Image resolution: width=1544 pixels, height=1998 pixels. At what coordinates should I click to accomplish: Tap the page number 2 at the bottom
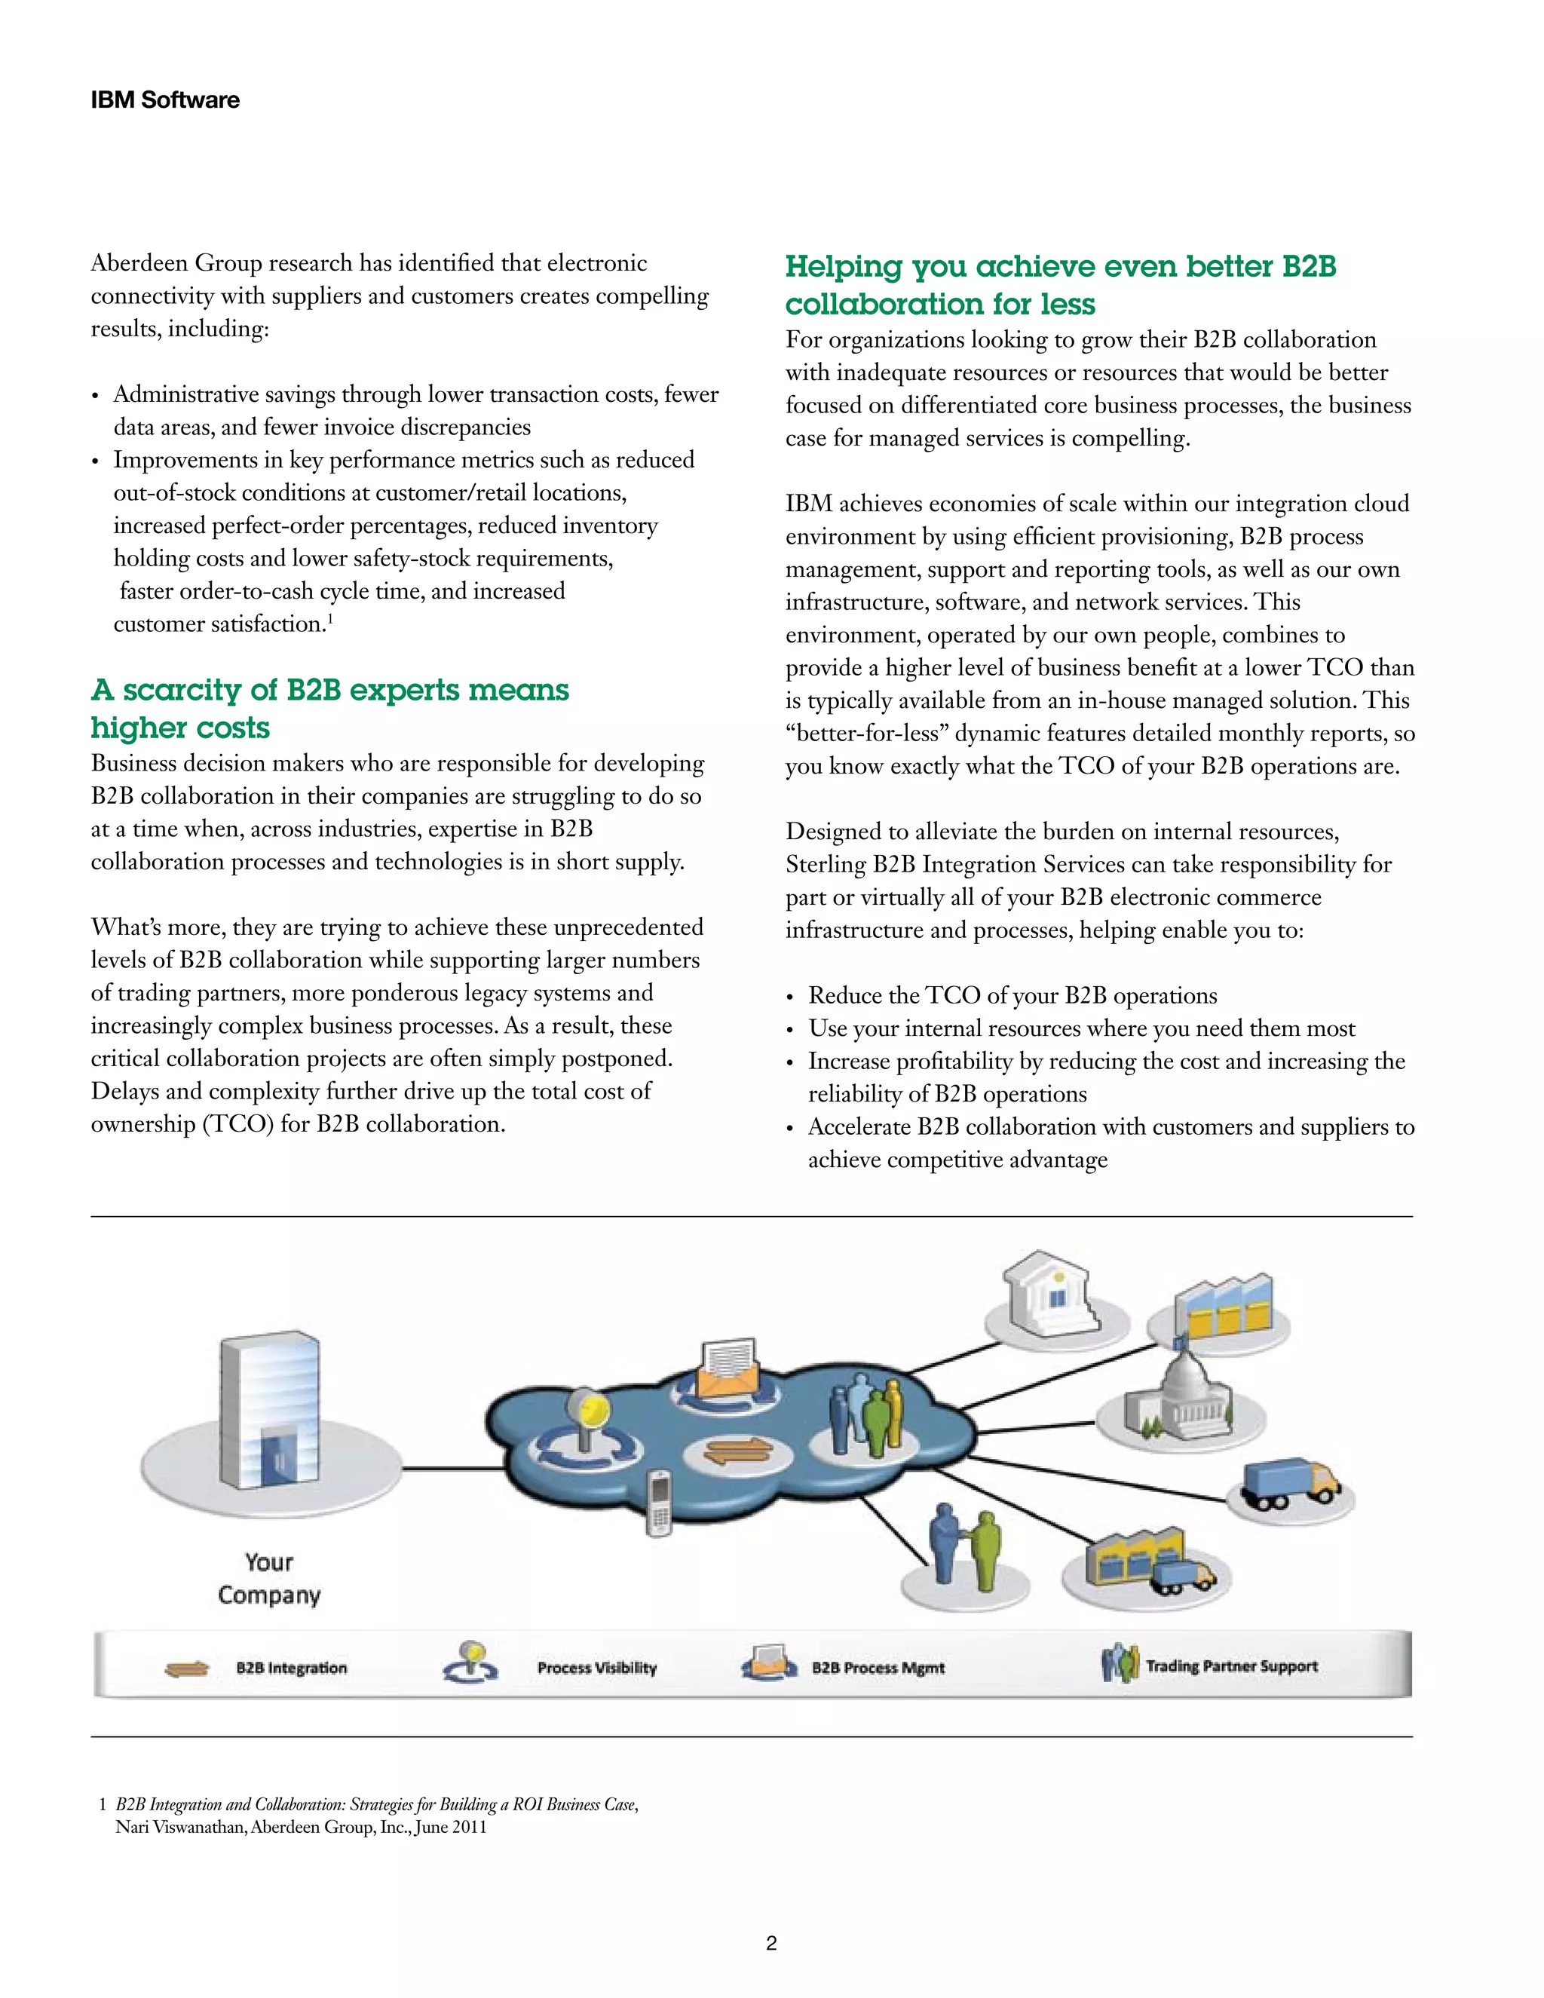pyautogui.click(x=771, y=1943)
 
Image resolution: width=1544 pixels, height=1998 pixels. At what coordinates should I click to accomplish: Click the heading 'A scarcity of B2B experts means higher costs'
pyautogui.click(x=329, y=708)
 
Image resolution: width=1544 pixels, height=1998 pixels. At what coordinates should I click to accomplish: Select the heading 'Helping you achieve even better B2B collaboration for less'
pyautogui.click(x=1059, y=284)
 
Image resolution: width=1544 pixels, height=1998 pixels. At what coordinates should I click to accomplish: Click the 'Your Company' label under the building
pyautogui.click(x=269, y=1578)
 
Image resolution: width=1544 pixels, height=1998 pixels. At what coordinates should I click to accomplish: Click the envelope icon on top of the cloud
pyautogui.click(x=728, y=1368)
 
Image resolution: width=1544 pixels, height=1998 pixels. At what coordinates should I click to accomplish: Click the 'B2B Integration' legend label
pyautogui.click(x=291, y=1668)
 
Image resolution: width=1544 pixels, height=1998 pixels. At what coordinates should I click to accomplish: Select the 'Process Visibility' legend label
pyautogui.click(x=596, y=1668)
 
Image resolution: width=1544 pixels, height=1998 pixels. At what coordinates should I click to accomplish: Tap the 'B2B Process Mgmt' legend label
pyautogui.click(x=878, y=1668)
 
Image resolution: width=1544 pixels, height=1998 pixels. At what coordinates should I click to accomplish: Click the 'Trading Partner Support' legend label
pyautogui.click(x=1231, y=1666)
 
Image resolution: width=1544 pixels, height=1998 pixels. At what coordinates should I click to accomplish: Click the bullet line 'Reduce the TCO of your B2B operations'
pyautogui.click(x=1012, y=995)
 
